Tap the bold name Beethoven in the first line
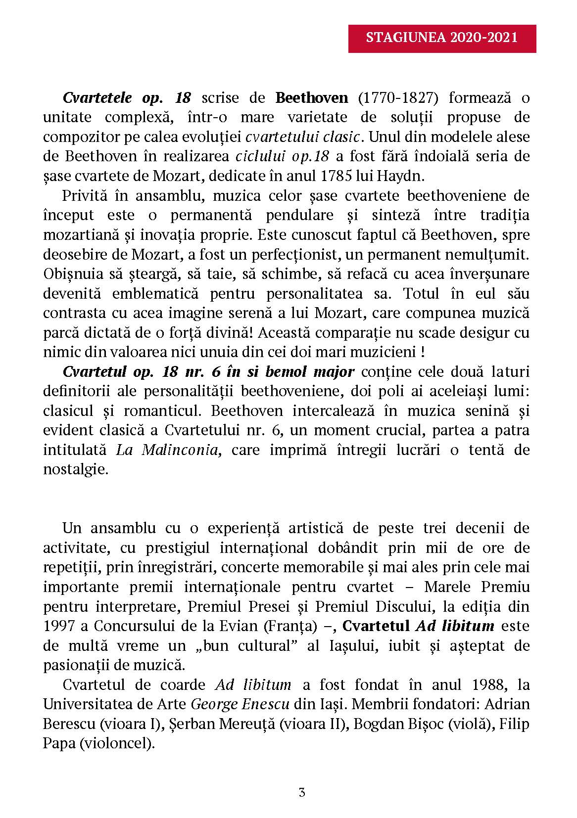point(312,97)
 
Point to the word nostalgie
point(75,469)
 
